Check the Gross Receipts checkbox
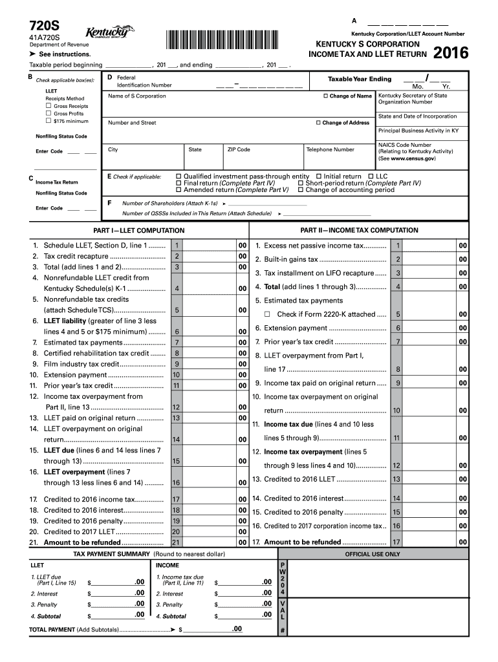(x=48, y=105)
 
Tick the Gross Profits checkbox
(x=48, y=113)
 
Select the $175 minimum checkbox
(x=48, y=121)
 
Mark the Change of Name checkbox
(x=325, y=96)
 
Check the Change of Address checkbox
(x=318, y=123)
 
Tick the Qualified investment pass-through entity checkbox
(x=178, y=176)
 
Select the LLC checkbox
(x=370, y=176)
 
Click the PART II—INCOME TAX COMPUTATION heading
(x=359, y=231)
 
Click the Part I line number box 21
(x=176, y=542)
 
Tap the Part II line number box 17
(x=396, y=542)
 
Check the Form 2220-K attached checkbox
(x=266, y=315)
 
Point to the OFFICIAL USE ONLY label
(x=372, y=554)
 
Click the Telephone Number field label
(x=330, y=149)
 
